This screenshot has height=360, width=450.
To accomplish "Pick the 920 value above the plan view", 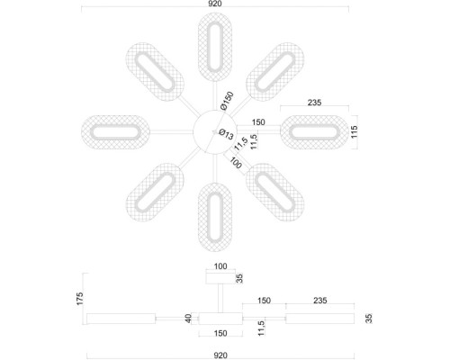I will click(215, 5).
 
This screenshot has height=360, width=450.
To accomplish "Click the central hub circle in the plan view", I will click(214, 133).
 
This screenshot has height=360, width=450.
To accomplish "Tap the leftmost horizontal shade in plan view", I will click(115, 133).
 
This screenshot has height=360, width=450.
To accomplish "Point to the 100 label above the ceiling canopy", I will click(220, 266).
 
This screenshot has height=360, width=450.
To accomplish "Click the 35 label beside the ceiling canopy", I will click(239, 278).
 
